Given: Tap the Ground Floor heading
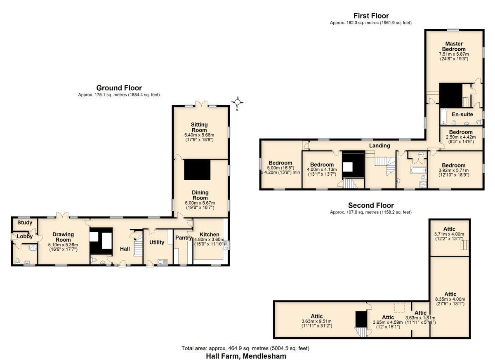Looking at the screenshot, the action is (119, 88).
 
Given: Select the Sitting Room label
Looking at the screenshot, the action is (199, 127).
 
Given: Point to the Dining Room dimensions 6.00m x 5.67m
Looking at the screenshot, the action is (200, 203).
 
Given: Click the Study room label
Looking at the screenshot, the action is (25, 222).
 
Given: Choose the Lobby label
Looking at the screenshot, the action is (25, 236).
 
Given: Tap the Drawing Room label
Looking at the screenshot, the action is (63, 237).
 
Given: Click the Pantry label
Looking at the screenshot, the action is (184, 238).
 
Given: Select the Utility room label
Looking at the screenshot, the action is (157, 242).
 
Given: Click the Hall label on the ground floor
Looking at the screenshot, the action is (125, 249).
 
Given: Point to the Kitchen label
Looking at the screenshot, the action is (209, 234).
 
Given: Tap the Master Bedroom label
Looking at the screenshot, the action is (454, 46).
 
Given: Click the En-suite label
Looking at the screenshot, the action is (462, 114).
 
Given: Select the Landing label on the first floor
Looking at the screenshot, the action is (379, 146).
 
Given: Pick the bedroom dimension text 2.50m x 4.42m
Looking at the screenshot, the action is (461, 137).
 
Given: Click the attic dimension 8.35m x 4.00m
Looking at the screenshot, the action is (450, 299).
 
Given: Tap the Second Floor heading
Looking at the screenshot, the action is (371, 205).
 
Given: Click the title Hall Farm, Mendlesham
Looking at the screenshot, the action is (246, 356).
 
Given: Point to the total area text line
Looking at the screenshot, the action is (245, 348).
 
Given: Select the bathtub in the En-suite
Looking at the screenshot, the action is (443, 116).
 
